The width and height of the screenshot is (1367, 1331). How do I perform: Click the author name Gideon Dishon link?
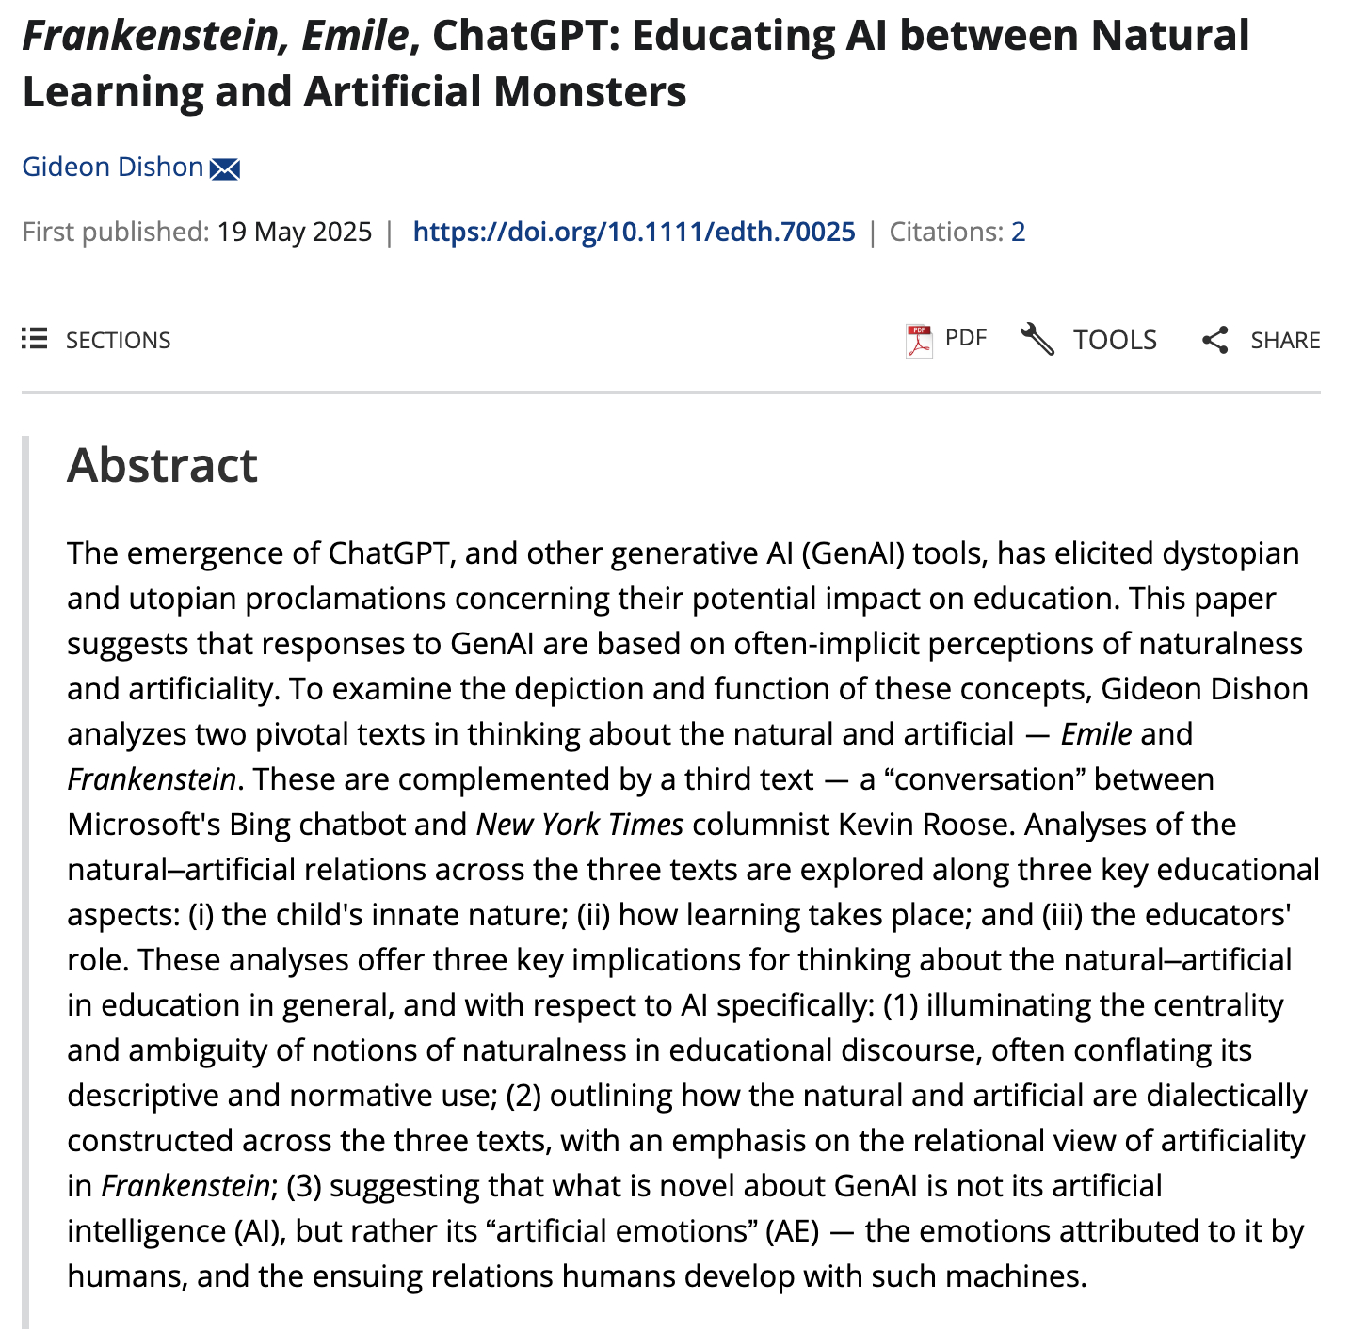[113, 168]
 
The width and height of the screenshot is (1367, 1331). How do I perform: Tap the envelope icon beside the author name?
[225, 169]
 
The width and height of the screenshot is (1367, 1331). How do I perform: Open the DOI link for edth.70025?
[634, 232]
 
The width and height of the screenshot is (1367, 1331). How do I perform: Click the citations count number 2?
[1018, 232]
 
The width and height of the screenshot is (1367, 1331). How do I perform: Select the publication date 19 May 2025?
[294, 232]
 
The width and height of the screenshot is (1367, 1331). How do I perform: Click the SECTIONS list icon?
[35, 339]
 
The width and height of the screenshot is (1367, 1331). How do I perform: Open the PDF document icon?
[918, 340]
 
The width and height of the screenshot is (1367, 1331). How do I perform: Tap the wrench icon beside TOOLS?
[1037, 339]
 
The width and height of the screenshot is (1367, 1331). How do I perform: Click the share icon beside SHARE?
[1214, 340]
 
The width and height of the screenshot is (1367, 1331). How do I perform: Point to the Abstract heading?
[162, 465]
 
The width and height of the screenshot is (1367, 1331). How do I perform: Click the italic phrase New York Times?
[579, 825]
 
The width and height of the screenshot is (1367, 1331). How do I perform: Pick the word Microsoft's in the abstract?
[143, 825]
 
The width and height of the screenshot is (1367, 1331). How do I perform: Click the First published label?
[115, 232]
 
